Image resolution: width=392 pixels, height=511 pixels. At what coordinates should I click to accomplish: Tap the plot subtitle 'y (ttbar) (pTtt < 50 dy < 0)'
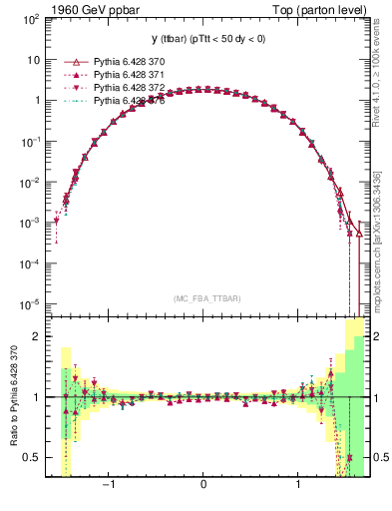pos(203,40)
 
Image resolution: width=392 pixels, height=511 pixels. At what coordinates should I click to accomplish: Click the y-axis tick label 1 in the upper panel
pos(38,101)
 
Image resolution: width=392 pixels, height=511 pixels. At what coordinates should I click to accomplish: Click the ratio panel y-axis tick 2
pos(38,336)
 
